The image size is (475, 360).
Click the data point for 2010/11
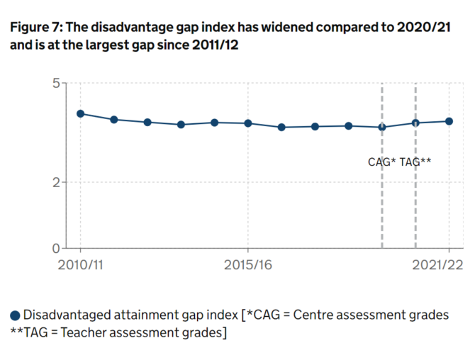(80, 113)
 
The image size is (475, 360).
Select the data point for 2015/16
(248, 123)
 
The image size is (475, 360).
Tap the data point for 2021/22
(449, 121)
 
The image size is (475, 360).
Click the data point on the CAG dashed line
(382, 127)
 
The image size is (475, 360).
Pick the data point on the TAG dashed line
(415, 123)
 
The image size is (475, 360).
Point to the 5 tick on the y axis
(55, 83)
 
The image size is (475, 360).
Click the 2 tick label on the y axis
(55, 182)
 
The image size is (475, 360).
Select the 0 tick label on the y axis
(55, 249)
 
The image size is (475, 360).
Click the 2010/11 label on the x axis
(80, 264)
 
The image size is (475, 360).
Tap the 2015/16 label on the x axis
(248, 264)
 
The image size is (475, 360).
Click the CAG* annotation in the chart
(382, 162)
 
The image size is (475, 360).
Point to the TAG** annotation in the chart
(416, 162)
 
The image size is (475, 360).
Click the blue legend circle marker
(15, 315)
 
